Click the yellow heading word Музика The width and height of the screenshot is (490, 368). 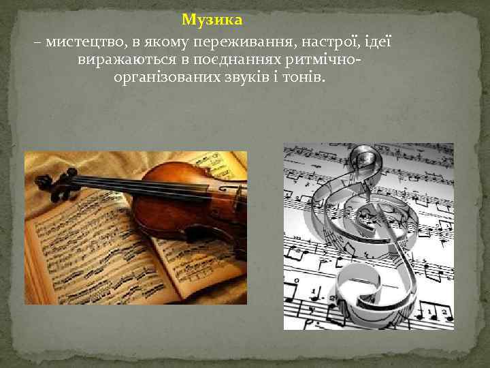(212, 19)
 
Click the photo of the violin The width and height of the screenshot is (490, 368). (135, 228)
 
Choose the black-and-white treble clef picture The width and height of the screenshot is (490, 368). (368, 236)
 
